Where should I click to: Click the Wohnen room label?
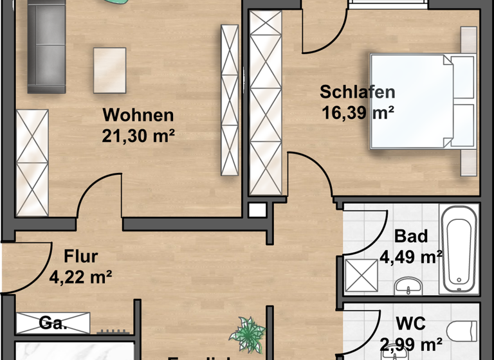[138, 116]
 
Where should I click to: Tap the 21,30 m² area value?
[138, 136]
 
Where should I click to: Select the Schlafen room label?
[357, 93]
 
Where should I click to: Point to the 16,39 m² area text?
[358, 113]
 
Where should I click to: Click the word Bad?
[411, 237]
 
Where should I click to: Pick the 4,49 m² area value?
[411, 257]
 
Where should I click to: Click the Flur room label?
[81, 257]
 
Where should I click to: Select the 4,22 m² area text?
[81, 277]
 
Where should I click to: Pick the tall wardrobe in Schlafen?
[266, 103]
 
